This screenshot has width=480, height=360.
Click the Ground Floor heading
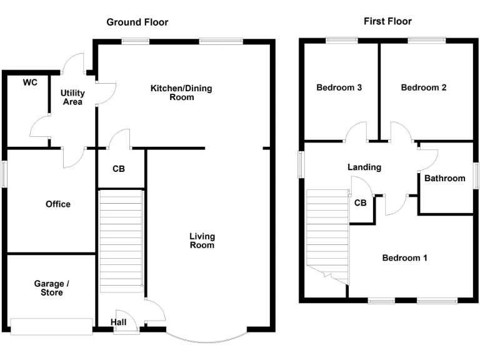pos(137,22)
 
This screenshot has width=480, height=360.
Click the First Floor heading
pos(387,21)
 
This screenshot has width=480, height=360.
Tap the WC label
pos(30,82)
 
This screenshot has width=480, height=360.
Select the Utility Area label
pos(72,97)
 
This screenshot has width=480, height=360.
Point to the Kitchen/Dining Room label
pos(181,92)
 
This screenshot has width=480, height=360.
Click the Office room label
pos(58,204)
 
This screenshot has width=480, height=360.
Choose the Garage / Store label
pos(52,287)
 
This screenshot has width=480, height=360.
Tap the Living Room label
pos(202,241)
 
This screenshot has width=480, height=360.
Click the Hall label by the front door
pos(119,322)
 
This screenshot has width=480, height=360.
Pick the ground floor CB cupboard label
pos(119,169)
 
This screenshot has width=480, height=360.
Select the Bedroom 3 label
pos(339,87)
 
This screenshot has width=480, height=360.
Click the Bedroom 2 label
pos(424,87)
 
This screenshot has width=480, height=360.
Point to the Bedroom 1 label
pos(405,257)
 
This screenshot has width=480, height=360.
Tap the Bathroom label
pos(445,178)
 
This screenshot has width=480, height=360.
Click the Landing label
pos(364,167)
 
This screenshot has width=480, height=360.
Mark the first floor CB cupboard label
pos(360,202)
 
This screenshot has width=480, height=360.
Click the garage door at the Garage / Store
pos(51,326)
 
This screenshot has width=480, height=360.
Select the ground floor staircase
pos(121,241)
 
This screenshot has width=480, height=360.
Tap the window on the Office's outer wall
pos(4,174)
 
